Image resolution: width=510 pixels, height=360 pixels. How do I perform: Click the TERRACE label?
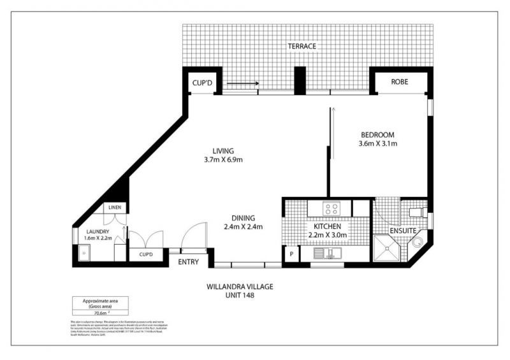(302, 47)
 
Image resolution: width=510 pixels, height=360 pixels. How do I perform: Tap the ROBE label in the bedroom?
(400, 82)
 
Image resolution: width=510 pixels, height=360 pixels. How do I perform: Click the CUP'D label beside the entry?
(146, 254)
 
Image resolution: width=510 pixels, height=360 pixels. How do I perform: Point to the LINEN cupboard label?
(115, 208)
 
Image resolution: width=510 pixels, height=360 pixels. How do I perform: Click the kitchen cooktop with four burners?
(331, 208)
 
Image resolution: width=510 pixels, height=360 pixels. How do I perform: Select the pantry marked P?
(291, 254)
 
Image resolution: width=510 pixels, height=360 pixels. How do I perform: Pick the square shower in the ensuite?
(388, 249)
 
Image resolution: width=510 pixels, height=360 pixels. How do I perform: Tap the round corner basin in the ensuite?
(418, 243)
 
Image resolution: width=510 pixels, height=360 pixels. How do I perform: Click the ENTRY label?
(189, 262)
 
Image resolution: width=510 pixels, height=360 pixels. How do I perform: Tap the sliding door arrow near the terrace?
(242, 83)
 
